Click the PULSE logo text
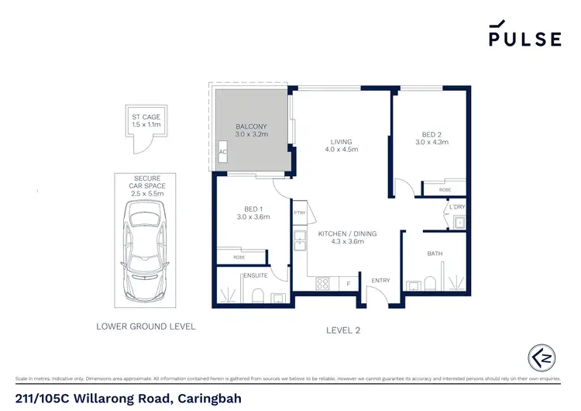[524, 38]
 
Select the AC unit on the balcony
[222, 152]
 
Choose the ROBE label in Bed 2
[444, 188]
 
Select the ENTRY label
[381, 281]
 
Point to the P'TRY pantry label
[300, 212]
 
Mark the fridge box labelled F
[349, 285]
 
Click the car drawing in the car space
[144, 250]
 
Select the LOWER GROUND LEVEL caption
[146, 326]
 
